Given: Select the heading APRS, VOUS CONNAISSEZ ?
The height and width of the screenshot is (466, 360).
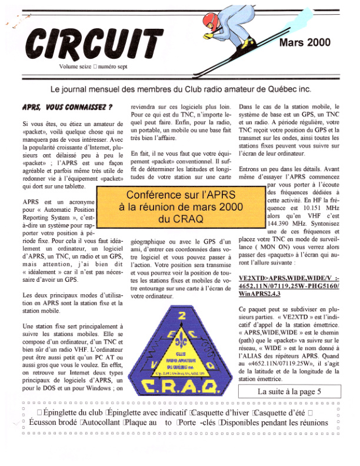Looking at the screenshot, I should [x=67, y=108].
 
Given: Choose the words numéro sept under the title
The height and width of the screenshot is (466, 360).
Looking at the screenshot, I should [x=112, y=66].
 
